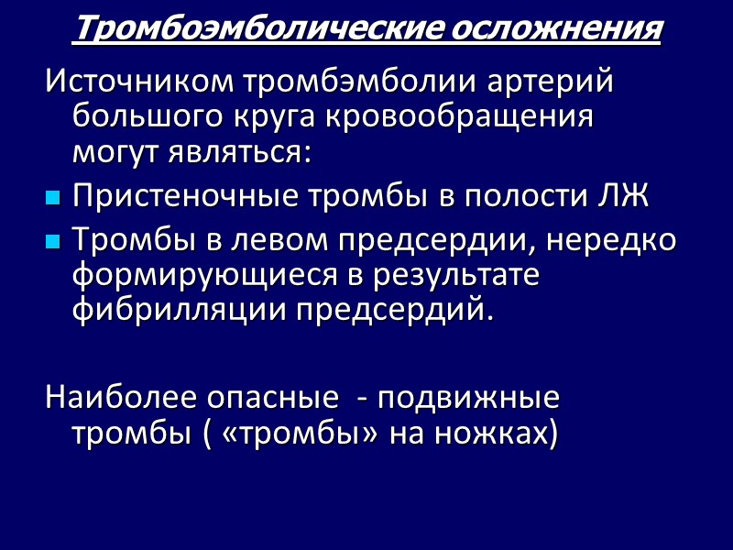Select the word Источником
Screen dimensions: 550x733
tap(138, 83)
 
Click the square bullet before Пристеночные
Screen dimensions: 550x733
tap(52, 197)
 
